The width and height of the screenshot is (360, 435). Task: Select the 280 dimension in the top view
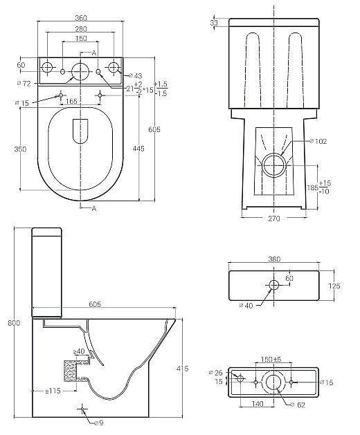(x=82, y=30)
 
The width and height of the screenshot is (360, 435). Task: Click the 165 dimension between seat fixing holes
(x=71, y=102)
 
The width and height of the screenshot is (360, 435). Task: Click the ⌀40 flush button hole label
(x=246, y=305)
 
